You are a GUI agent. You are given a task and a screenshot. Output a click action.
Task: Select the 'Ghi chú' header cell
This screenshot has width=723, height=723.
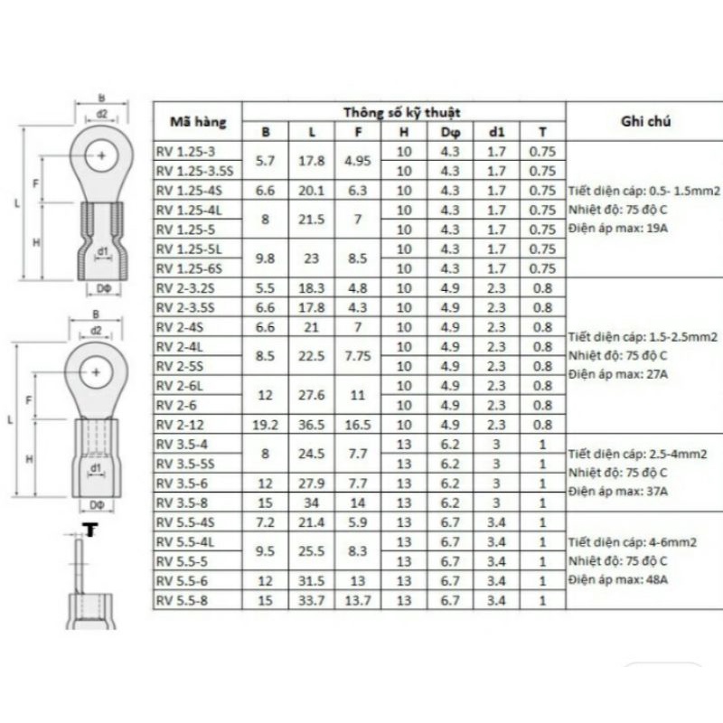(x=644, y=120)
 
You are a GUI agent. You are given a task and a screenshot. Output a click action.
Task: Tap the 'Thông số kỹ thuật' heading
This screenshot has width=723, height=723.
(x=401, y=111)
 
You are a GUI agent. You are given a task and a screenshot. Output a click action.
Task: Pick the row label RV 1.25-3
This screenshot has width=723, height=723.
(x=186, y=152)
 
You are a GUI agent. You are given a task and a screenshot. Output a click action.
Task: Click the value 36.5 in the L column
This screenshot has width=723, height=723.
(x=312, y=425)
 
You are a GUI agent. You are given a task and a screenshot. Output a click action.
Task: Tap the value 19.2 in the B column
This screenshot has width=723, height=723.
(x=266, y=425)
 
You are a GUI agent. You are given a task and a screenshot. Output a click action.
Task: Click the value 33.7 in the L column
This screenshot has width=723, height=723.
(x=312, y=599)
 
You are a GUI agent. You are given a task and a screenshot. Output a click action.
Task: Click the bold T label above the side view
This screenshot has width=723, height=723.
(x=89, y=528)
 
